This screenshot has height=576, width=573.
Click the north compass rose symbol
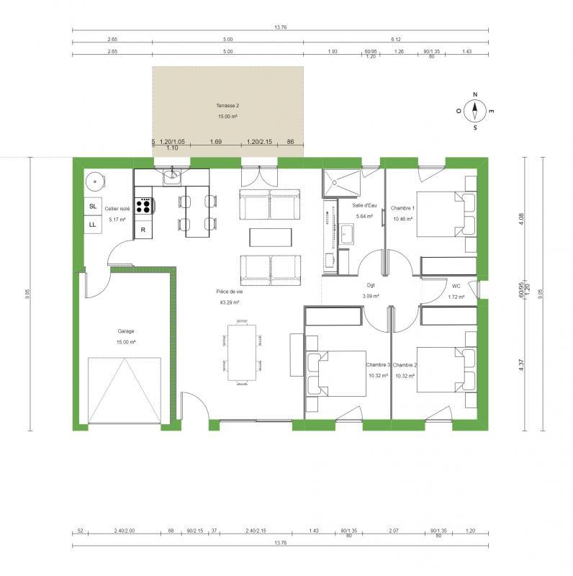(474, 111)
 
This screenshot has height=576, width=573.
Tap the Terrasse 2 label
(227, 105)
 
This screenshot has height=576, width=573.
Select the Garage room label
(126, 331)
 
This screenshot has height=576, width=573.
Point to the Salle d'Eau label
(363, 205)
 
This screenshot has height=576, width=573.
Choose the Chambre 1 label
(403, 207)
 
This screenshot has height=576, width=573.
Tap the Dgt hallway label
(371, 285)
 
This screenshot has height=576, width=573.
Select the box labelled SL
(93, 207)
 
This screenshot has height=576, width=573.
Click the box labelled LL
(93, 225)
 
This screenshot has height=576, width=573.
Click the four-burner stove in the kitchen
(144, 207)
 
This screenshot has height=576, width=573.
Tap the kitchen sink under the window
(173, 177)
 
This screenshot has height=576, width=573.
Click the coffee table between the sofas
(271, 237)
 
